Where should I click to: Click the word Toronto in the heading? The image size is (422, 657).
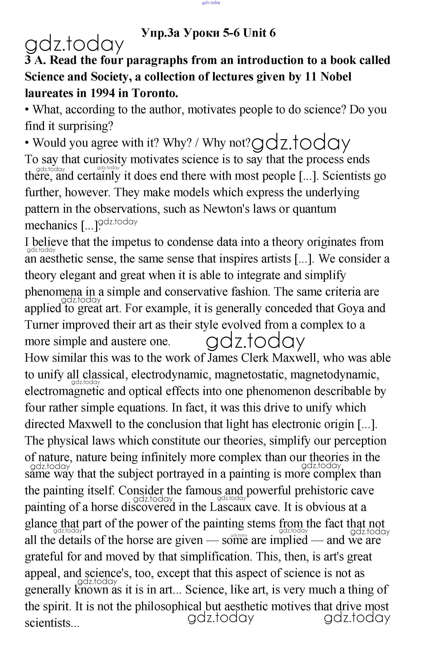tap(155, 93)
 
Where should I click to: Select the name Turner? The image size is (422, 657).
tap(41, 325)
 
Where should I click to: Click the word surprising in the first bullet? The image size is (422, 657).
tap(86, 126)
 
